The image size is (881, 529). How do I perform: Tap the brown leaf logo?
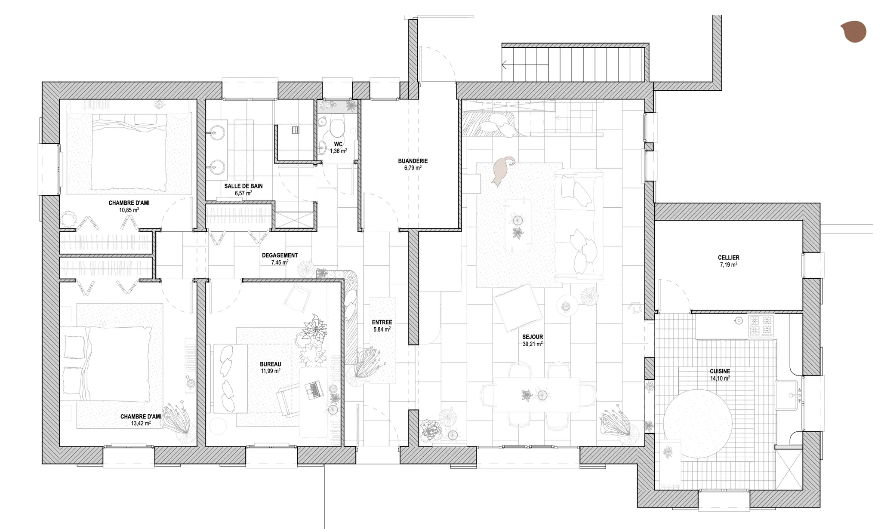[853, 32]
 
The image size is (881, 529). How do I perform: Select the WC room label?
[338, 144]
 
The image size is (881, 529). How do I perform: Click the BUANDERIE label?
[413, 161]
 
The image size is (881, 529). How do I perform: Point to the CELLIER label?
[729, 258]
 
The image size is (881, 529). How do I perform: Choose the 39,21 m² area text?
[533, 344]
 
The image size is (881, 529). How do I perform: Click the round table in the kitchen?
[697, 424]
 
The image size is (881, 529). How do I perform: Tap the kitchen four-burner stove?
[761, 326]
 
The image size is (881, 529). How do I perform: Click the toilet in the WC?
[337, 126]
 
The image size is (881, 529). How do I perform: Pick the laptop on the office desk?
[314, 389]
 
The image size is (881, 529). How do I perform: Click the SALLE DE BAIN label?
[243, 186]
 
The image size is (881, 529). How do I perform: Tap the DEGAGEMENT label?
[280, 255]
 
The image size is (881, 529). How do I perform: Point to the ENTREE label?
[382, 322]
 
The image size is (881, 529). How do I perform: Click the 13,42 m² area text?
[141, 423]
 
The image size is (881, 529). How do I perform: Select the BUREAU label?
[271, 364]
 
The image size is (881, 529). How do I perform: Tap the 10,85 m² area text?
[129, 210]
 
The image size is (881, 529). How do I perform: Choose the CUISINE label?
[720, 371]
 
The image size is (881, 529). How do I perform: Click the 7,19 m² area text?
[729, 264]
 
